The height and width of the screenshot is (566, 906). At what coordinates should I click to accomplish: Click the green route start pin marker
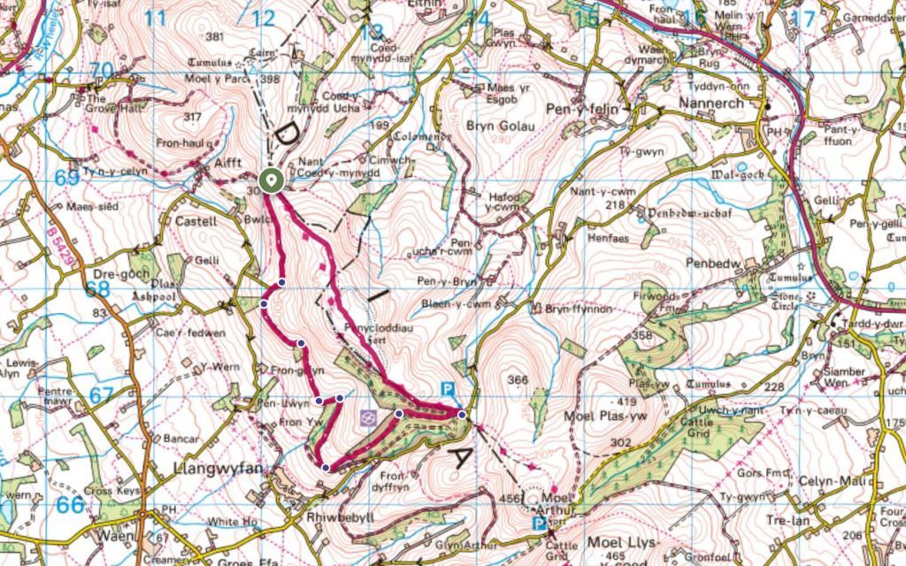click(x=271, y=180)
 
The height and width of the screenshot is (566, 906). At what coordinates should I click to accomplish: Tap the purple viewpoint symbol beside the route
click(x=369, y=417)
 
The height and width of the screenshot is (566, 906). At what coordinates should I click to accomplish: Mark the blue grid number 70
click(x=103, y=71)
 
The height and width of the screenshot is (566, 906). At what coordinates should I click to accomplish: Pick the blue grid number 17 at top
click(x=802, y=18)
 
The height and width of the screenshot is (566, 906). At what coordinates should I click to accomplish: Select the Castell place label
click(x=196, y=221)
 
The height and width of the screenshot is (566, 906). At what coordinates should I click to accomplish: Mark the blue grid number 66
click(x=73, y=505)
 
